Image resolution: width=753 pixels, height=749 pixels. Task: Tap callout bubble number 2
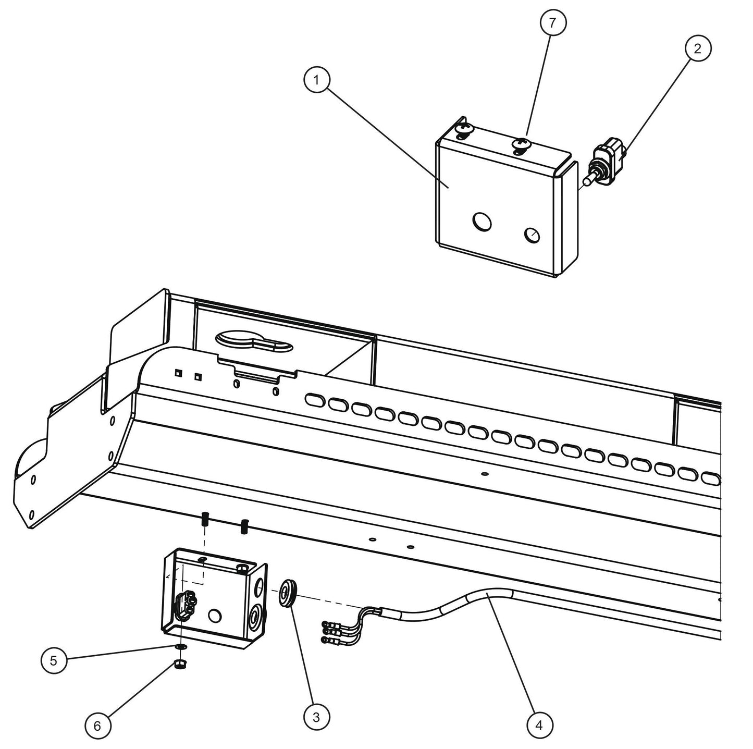697,48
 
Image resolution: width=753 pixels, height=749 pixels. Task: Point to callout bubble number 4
539,725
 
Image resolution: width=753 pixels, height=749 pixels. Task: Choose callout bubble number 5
54,660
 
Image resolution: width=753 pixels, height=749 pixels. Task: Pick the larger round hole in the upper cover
482,223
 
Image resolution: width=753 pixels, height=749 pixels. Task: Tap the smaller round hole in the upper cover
532,235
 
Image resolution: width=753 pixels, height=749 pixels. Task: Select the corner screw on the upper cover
462,129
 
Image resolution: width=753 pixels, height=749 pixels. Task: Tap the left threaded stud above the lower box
205,520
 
